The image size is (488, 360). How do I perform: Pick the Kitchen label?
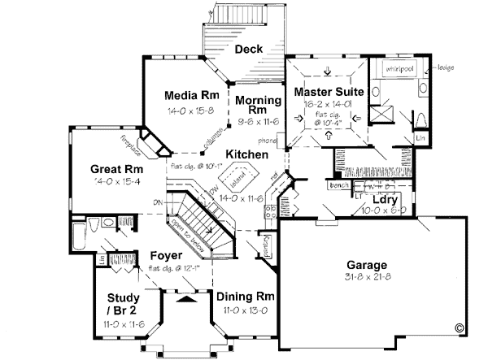click(247, 154)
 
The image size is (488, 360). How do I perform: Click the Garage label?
click(368, 265)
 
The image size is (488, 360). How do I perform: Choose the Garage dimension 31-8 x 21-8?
click(368, 277)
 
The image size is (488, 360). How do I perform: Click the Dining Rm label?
click(241, 297)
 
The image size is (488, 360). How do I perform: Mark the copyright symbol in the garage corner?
click(460, 329)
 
